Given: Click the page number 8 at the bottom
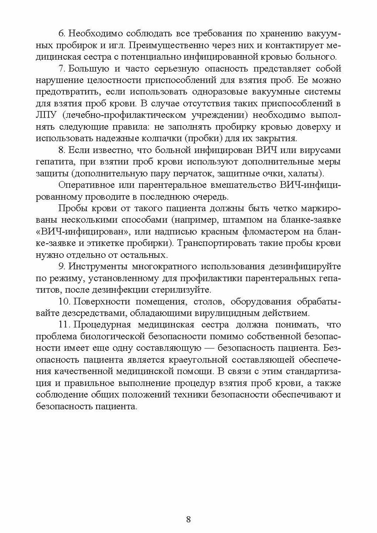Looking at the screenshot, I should click(188, 519).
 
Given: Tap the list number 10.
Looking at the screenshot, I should click(63, 302).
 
